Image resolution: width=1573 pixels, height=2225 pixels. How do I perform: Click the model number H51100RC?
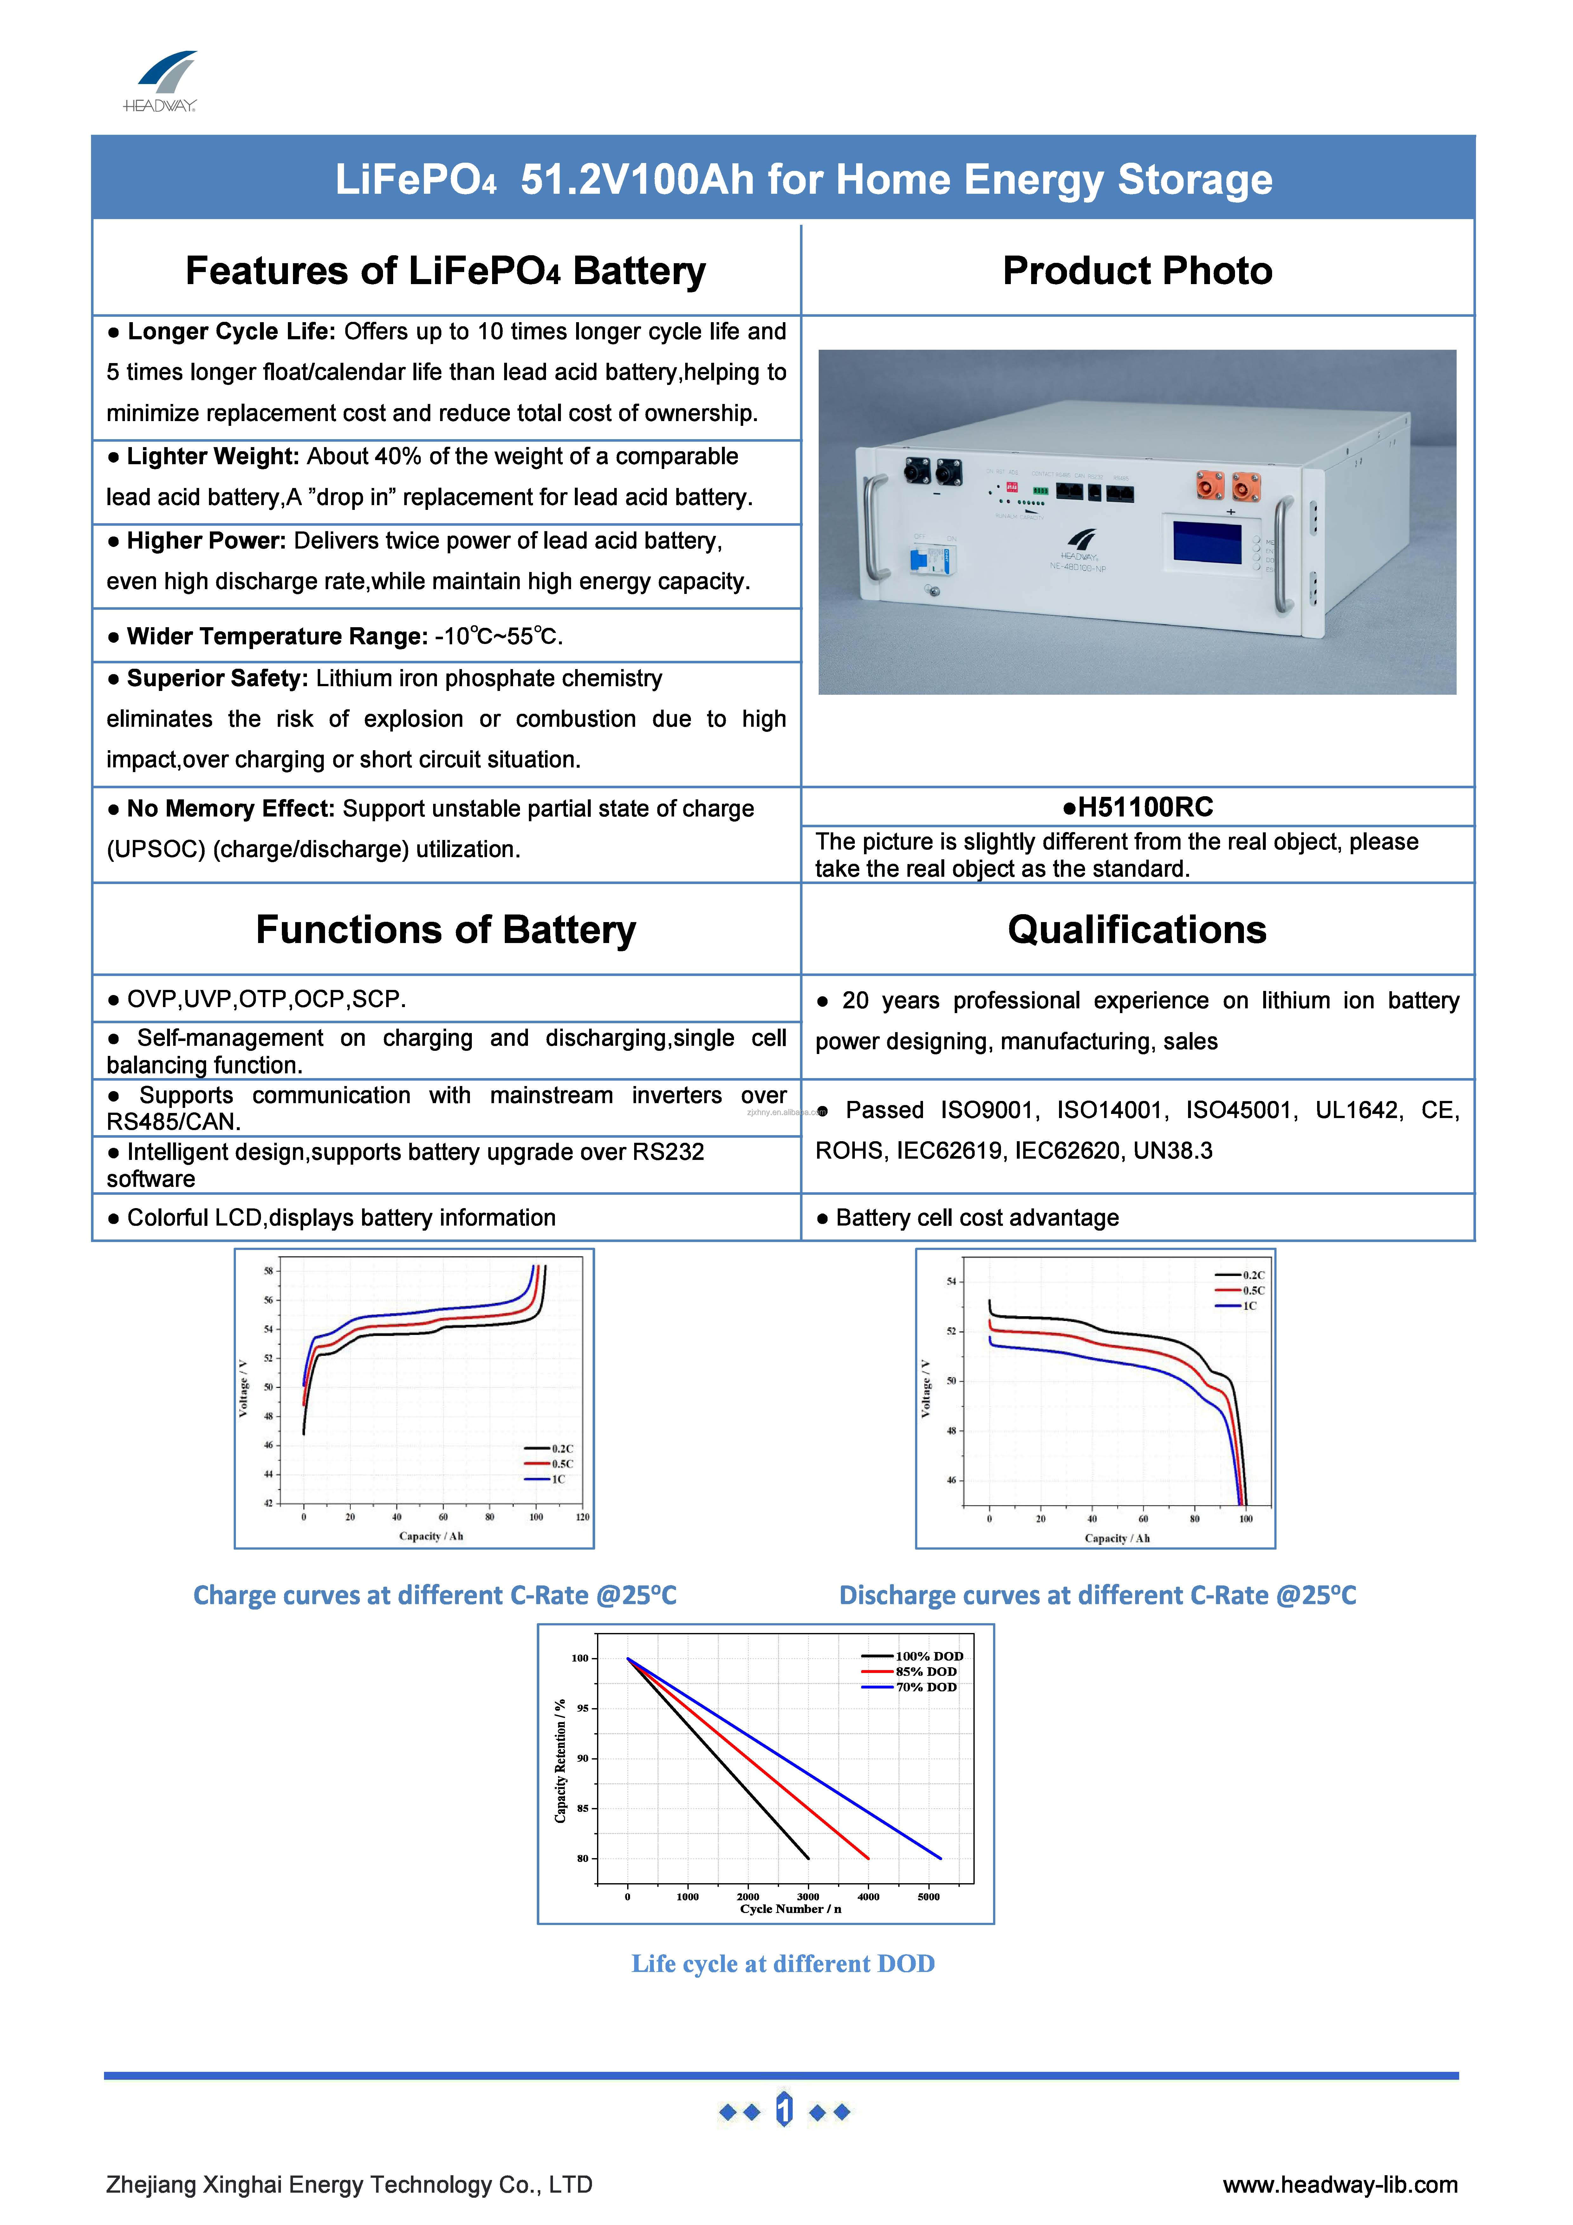click(1138, 807)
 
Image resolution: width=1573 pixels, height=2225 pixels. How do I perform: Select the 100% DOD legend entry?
click(927, 1656)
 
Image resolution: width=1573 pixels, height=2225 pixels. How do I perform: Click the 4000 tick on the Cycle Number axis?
click(868, 1896)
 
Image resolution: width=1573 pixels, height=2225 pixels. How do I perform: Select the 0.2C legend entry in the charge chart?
click(562, 1449)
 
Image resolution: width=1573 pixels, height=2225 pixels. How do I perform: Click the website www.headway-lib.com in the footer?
click(1339, 2184)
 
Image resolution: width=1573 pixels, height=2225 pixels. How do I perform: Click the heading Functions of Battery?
click(446, 929)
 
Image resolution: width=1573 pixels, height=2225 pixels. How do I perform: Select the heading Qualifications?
click(1137, 929)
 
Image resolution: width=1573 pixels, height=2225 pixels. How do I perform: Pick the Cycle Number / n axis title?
click(790, 1909)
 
